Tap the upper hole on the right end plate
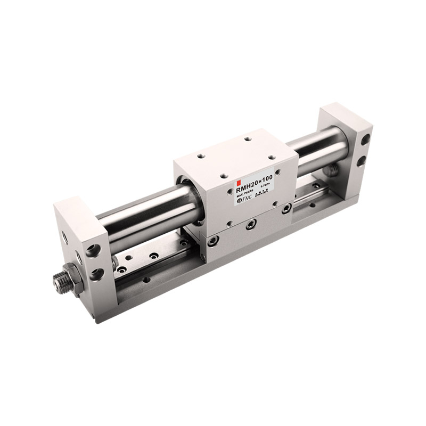point(365,140)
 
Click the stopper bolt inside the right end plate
point(333,171)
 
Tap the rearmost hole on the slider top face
point(248,139)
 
